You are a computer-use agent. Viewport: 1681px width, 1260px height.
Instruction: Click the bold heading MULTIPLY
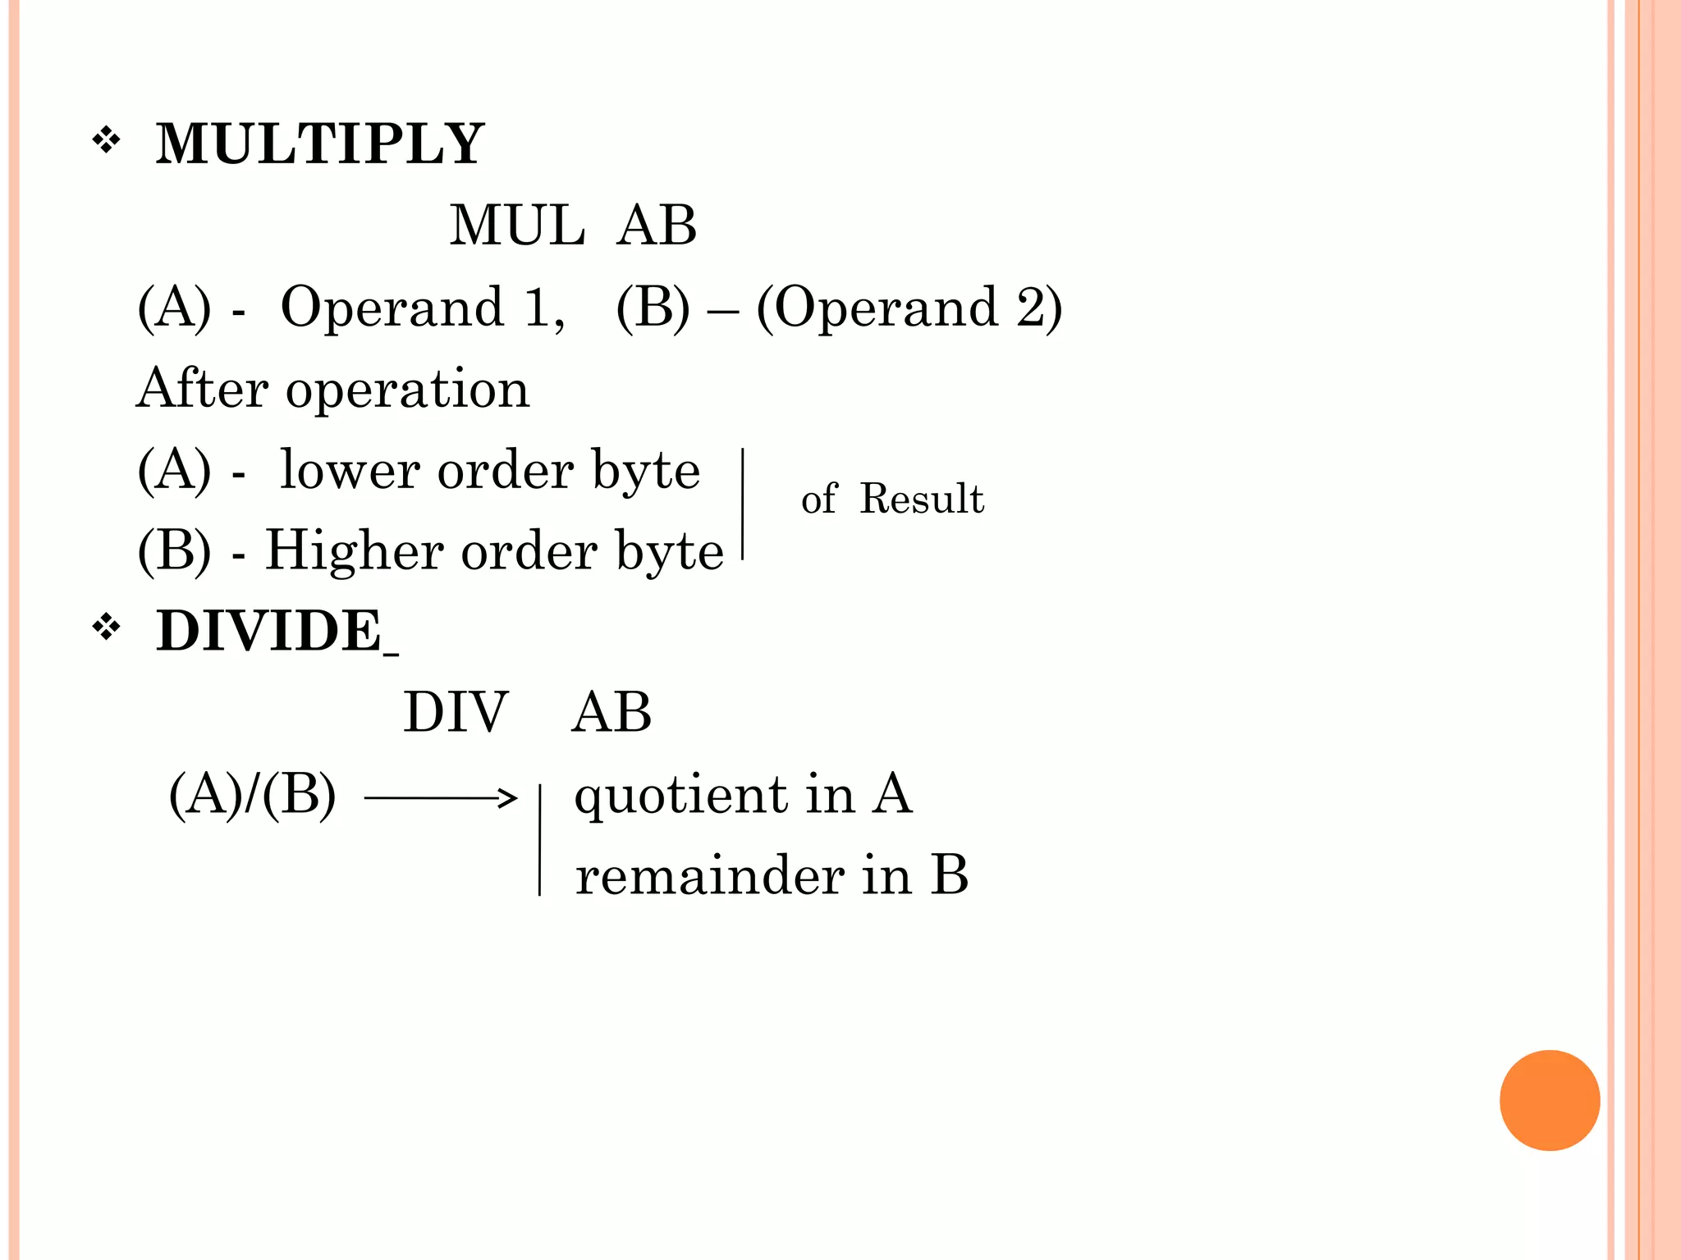click(320, 144)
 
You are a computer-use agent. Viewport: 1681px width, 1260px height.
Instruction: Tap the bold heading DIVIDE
click(269, 631)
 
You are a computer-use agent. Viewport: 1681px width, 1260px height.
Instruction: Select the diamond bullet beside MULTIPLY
click(107, 141)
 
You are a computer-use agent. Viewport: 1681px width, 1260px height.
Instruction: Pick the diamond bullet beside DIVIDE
click(107, 628)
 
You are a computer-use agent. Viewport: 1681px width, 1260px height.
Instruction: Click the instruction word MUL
click(517, 225)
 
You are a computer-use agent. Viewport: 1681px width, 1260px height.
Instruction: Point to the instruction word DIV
click(456, 711)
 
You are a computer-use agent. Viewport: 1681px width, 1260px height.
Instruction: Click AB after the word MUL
click(657, 225)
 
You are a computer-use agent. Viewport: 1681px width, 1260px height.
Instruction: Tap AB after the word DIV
click(611, 711)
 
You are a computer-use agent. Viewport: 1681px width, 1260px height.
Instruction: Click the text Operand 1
click(422, 308)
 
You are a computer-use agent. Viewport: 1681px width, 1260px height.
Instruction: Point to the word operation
click(407, 390)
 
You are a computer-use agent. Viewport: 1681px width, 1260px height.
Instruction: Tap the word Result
click(922, 498)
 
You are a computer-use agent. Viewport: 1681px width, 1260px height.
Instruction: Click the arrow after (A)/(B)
click(441, 797)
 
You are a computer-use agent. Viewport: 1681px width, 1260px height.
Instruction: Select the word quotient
click(680, 796)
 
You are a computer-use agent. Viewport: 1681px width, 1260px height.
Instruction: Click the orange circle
click(1549, 1100)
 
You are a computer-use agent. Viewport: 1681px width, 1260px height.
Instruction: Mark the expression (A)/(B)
click(253, 795)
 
